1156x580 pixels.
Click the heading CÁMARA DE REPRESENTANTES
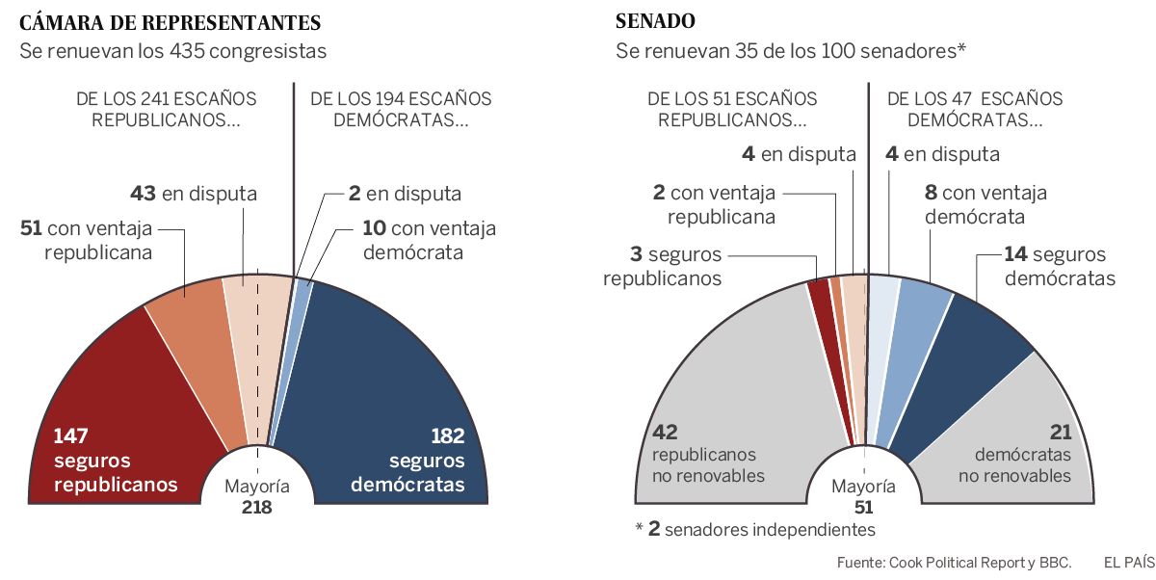click(171, 22)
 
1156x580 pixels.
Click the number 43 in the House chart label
click(144, 194)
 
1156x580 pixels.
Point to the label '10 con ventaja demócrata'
click(414, 240)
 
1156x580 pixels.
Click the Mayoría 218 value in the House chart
click(257, 507)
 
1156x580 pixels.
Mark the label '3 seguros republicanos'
click(662, 266)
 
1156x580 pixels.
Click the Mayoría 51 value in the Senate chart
click(863, 507)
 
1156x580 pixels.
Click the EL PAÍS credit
click(1129, 562)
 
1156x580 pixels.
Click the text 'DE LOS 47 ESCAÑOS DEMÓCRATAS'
click(975, 110)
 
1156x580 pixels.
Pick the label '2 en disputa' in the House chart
click(405, 194)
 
